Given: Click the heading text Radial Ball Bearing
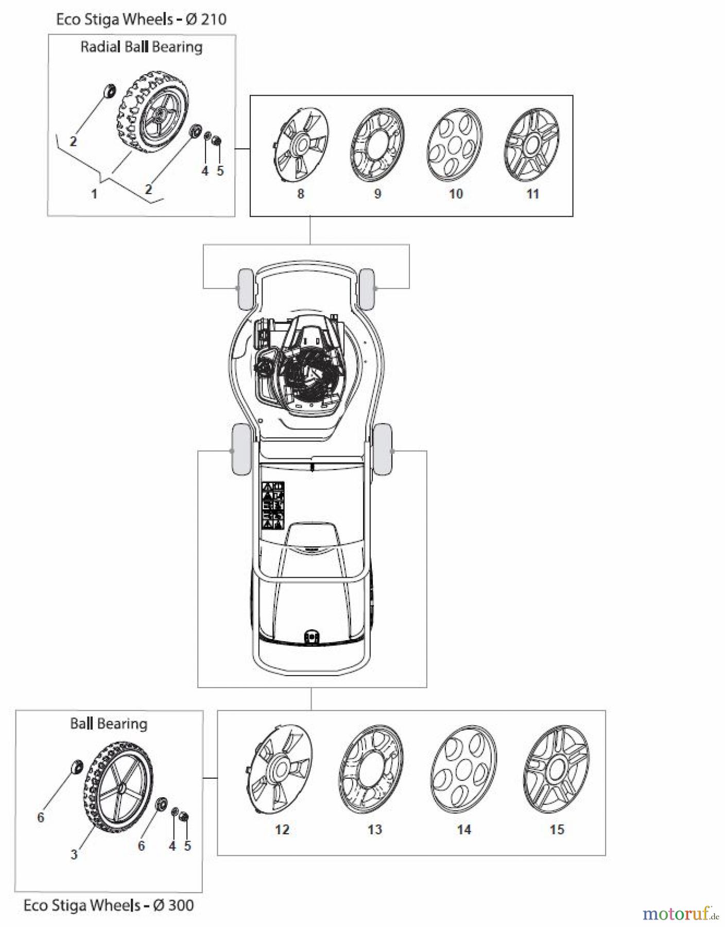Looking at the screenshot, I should click(x=141, y=47).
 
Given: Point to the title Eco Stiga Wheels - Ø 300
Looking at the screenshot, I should click(x=109, y=905).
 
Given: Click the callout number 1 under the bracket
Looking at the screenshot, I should click(x=94, y=194).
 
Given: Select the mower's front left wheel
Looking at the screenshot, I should click(x=244, y=289).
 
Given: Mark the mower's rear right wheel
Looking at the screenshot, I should click(x=383, y=450).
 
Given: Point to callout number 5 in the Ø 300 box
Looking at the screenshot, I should click(x=187, y=846).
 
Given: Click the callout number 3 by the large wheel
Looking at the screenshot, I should click(x=74, y=854).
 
